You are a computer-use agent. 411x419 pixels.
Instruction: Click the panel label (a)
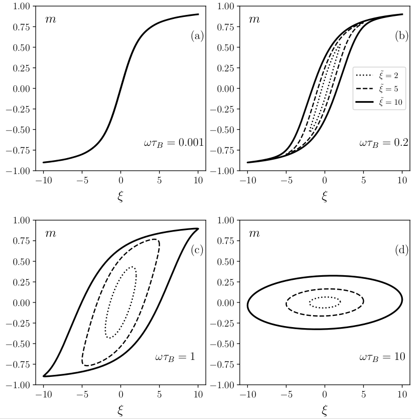coord(197,36)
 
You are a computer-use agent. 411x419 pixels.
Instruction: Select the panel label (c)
coord(197,250)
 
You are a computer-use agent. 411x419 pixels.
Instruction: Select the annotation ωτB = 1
coord(175,356)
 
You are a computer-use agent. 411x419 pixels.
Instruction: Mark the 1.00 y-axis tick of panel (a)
coord(21,6)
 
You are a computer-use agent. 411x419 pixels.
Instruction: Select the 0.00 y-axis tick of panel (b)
coord(225,89)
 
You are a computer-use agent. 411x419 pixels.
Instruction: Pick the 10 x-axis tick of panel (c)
coord(198,394)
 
